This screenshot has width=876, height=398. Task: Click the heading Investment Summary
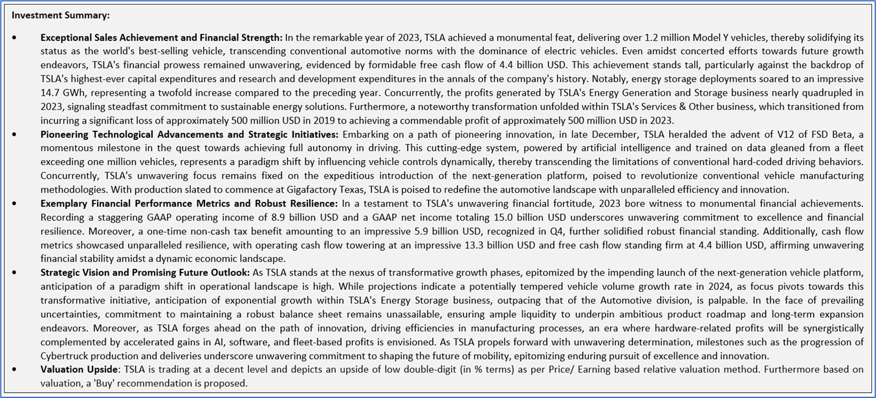(60, 15)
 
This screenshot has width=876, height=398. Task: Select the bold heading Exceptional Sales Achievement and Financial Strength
(161, 38)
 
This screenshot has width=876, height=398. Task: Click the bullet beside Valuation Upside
(14, 369)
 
